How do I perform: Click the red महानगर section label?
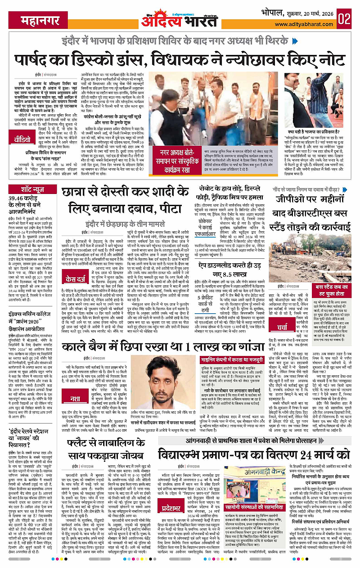click(x=29, y=19)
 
